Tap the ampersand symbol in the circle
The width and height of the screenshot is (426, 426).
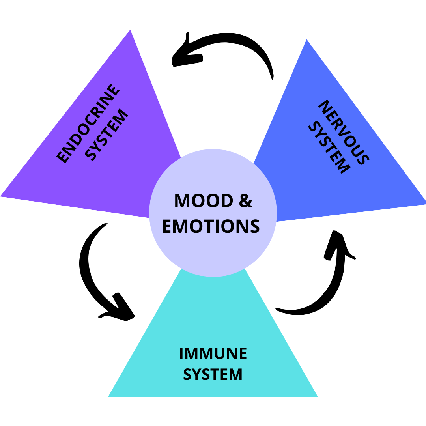pyautogui.click(x=246, y=201)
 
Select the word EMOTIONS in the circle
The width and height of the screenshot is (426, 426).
pyautogui.click(x=211, y=226)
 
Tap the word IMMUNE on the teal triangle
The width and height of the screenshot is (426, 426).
pyautogui.click(x=213, y=353)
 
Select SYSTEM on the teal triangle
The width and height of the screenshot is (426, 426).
pyautogui.click(x=213, y=374)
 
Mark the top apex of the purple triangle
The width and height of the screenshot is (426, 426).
pyautogui.click(x=130, y=31)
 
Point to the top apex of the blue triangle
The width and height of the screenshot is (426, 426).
pyautogui.click(x=306, y=40)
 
